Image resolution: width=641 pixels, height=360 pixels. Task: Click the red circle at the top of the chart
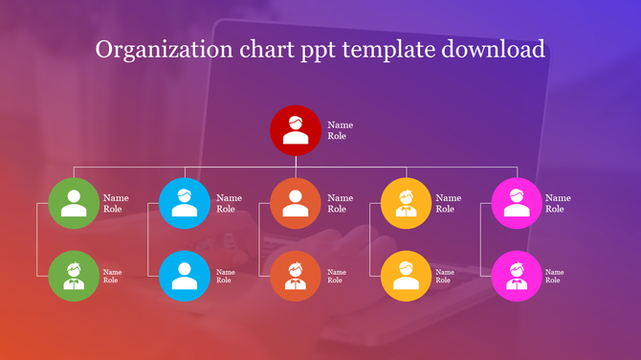pyautogui.click(x=296, y=130)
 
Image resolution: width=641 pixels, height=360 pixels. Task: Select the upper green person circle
pyautogui.click(x=74, y=203)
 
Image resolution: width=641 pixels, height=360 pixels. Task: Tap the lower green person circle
pyautogui.click(x=74, y=276)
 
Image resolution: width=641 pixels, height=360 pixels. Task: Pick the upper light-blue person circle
pyautogui.click(x=185, y=203)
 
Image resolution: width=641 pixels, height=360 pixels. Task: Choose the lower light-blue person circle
pyautogui.click(x=185, y=276)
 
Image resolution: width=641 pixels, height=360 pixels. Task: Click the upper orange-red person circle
pyautogui.click(x=296, y=203)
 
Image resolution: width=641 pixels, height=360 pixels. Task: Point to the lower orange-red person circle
pyautogui.click(x=296, y=276)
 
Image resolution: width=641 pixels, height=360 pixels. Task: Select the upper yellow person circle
pyautogui.click(x=407, y=203)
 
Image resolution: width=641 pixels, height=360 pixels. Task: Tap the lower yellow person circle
pyautogui.click(x=407, y=276)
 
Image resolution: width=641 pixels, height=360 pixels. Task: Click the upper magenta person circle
pyautogui.click(x=518, y=203)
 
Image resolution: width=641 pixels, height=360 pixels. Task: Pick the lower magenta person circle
pyautogui.click(x=518, y=276)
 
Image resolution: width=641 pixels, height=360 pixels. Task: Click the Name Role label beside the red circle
pyautogui.click(x=340, y=130)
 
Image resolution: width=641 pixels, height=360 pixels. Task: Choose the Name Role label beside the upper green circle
pyautogui.click(x=116, y=203)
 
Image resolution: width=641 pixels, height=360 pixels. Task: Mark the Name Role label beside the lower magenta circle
pyautogui.click(x=555, y=276)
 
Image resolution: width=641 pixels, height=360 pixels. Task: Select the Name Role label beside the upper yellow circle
pyautogui.click(x=448, y=203)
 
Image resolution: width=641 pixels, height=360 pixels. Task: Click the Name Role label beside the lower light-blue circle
pyautogui.click(x=225, y=276)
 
